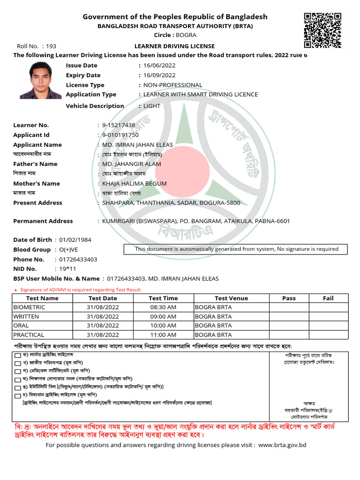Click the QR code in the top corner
point(322,30)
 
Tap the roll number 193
point(51,46)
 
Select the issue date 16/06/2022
point(159,66)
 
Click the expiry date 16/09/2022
point(159,75)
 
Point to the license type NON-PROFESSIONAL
point(172,85)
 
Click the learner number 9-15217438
point(119,125)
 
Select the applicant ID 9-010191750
point(120,135)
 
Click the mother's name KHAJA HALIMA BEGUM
point(134,184)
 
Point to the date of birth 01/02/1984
point(75,240)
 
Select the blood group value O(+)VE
point(69,250)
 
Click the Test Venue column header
point(231,298)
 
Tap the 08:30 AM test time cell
point(163,307)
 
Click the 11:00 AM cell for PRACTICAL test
point(163,335)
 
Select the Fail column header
point(328,298)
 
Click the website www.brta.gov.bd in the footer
point(282,444)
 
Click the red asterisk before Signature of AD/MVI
point(15,290)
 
